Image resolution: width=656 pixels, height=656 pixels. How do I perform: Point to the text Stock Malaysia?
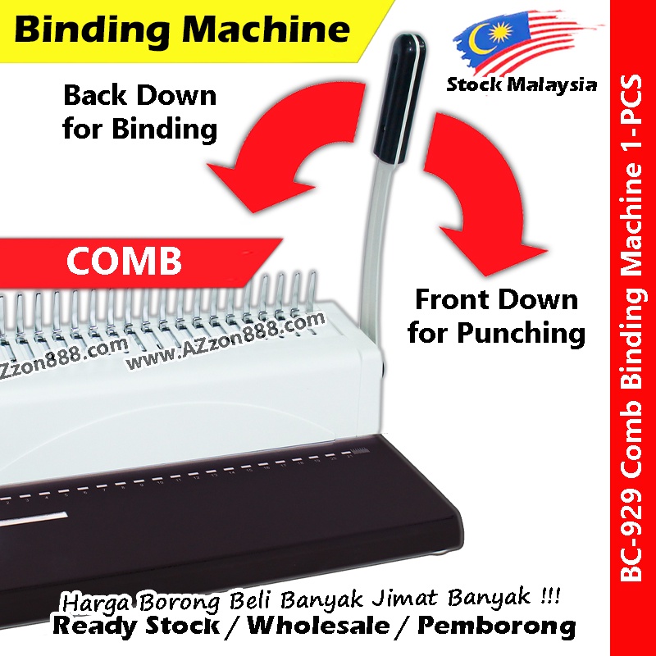[x=522, y=85]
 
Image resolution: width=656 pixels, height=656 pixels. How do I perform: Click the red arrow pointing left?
[x=271, y=156]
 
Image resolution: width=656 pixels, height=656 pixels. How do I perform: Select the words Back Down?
[x=140, y=95]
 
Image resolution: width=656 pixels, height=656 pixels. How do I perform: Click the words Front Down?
[x=496, y=299]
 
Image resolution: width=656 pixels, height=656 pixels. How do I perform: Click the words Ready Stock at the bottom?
[x=139, y=626]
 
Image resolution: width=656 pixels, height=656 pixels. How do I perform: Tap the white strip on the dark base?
[x=33, y=517]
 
